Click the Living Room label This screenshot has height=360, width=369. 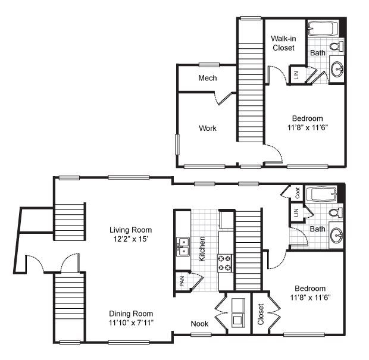pyautogui.click(x=130, y=230)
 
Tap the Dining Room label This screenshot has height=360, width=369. pyautogui.click(x=130, y=314)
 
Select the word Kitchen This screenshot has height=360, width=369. pyautogui.click(x=202, y=249)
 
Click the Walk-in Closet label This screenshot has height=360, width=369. pyautogui.click(x=283, y=43)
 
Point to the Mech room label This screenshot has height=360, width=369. pyautogui.click(x=207, y=78)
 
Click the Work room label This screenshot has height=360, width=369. pyautogui.click(x=208, y=128)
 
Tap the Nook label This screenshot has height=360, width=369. pyautogui.click(x=199, y=324)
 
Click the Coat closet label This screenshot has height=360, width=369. pyautogui.click(x=296, y=192)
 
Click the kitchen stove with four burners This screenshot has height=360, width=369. pyautogui.click(x=225, y=262)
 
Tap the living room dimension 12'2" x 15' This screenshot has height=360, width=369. pyautogui.click(x=130, y=239)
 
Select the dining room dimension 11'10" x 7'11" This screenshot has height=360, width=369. pyautogui.click(x=130, y=323)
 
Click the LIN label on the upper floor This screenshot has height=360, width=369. pyautogui.click(x=296, y=74)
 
